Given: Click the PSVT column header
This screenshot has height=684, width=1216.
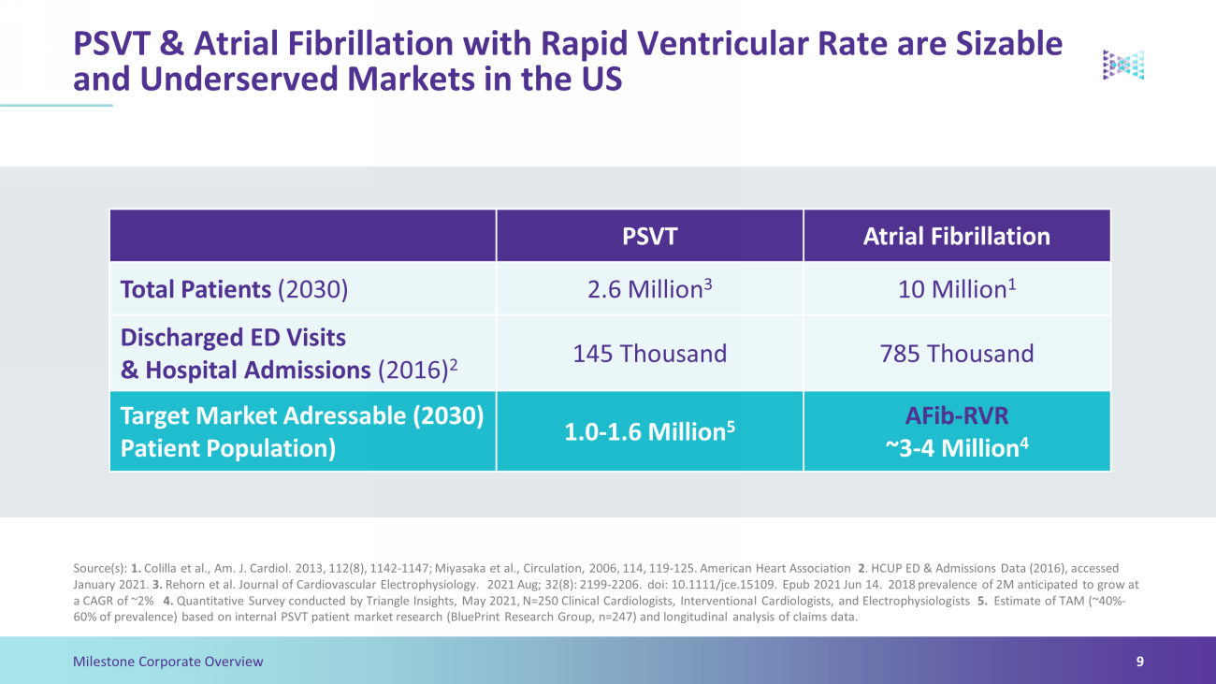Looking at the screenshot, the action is point(649,236).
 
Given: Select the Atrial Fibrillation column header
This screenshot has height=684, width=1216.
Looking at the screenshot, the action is point(957,236).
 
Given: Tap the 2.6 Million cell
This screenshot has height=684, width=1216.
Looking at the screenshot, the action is point(649,288).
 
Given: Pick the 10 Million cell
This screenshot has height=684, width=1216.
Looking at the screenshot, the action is point(957,288).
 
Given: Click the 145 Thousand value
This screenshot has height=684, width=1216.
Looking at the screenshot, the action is point(649,354).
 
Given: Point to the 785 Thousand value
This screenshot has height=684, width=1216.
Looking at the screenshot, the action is point(957,354).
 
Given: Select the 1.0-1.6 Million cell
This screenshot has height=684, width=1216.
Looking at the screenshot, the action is point(649,431).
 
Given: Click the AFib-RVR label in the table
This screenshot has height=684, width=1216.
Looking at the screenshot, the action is point(957,415).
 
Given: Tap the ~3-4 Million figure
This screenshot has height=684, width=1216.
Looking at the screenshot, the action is point(957,448).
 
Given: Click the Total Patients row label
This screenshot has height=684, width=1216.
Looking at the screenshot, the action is point(234,289).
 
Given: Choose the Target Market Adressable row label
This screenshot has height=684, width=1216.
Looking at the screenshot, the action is point(302,431).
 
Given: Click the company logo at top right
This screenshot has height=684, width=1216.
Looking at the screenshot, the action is point(1123,65).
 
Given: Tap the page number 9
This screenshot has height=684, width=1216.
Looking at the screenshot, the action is point(1140,662).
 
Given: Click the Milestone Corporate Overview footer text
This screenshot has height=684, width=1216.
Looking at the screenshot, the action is point(167,662).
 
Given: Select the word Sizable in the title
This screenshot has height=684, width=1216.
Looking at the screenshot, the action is point(1008,43).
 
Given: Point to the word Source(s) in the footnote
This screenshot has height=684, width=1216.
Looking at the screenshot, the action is point(100,568).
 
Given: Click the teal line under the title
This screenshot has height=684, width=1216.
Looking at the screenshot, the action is point(56,106).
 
